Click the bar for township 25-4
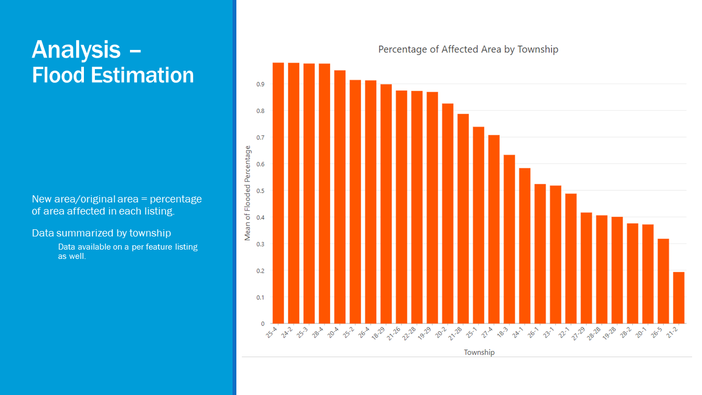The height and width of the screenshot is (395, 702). point(278,193)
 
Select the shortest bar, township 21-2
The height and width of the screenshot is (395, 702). point(678,298)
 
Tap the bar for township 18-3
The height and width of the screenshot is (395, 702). point(509,239)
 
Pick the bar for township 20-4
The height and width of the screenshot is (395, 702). point(339,197)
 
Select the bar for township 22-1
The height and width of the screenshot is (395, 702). point(571,258)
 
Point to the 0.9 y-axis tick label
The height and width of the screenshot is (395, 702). point(261,84)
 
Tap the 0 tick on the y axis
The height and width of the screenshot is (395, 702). point(263,324)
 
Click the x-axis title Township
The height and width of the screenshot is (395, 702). point(479,352)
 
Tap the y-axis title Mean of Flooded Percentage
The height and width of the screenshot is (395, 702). point(248,193)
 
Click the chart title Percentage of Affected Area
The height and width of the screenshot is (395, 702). point(468,49)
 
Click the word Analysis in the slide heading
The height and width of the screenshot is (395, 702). point(76,49)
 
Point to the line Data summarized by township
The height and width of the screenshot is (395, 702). point(101,233)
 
